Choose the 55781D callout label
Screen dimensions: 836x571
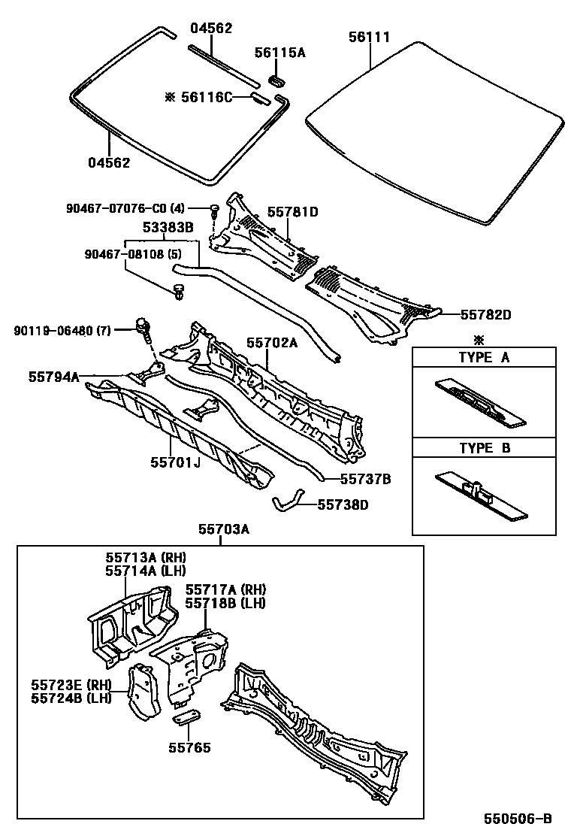pyautogui.click(x=293, y=212)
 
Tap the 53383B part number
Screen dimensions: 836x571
pyautogui.click(x=168, y=226)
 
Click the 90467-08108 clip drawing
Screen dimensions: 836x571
pyautogui.click(x=179, y=291)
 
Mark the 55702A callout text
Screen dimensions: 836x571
pyautogui.click(x=272, y=343)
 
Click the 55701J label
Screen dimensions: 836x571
pyautogui.click(x=175, y=462)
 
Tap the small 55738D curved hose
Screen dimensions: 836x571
pyautogui.click(x=288, y=499)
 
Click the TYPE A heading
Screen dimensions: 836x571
pyautogui.click(x=484, y=357)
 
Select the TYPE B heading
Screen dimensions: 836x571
pyautogui.click(x=484, y=449)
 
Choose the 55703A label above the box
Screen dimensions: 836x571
pyautogui.click(x=223, y=530)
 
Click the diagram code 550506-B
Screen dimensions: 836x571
pyautogui.click(x=518, y=819)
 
